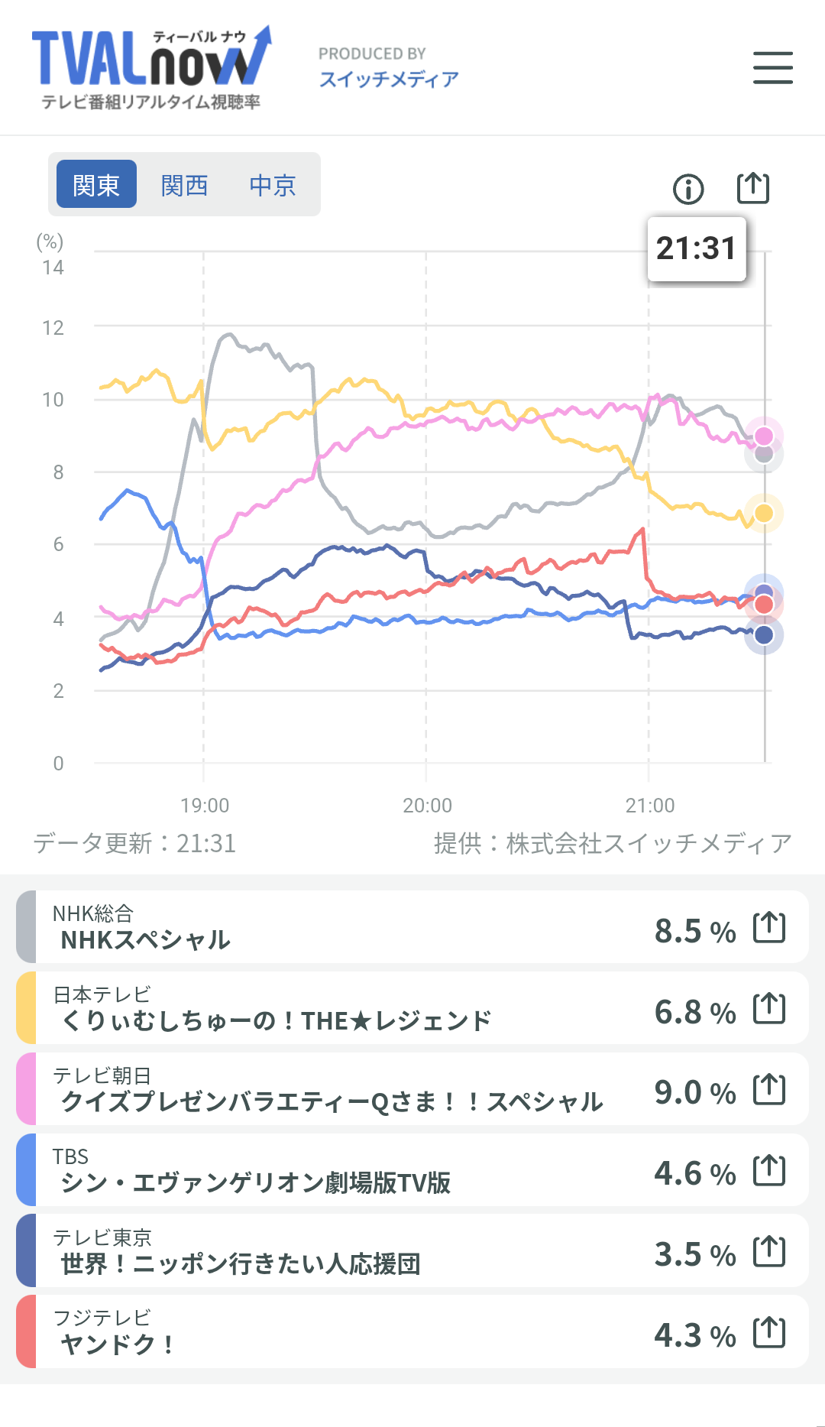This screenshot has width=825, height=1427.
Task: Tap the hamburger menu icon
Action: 772,67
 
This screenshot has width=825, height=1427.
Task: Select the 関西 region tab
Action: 184,185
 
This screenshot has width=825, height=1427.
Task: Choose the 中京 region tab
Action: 273,185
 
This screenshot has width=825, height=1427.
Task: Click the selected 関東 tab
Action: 96,185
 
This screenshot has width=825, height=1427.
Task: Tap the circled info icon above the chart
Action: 688,189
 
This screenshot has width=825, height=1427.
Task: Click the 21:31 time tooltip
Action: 696,248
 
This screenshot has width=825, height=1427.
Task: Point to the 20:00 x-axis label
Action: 427,805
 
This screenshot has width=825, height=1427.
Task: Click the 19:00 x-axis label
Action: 205,805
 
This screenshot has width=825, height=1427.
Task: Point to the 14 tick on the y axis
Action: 53,268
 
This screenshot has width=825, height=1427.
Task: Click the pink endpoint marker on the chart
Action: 764,436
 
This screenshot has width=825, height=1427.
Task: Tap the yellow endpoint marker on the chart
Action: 764,513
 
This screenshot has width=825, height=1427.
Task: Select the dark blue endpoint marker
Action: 764,634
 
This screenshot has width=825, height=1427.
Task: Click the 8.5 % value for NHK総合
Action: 694,931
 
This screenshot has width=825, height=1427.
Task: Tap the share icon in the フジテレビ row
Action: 769,1332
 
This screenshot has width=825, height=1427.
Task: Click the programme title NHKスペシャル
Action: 145,939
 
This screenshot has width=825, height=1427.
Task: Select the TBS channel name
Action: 70,1156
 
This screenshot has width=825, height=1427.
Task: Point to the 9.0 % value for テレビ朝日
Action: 694,1092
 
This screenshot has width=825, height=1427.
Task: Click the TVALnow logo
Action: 151,67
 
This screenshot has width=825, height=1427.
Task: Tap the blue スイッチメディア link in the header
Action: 389,79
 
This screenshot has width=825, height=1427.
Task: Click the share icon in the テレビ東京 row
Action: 769,1251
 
